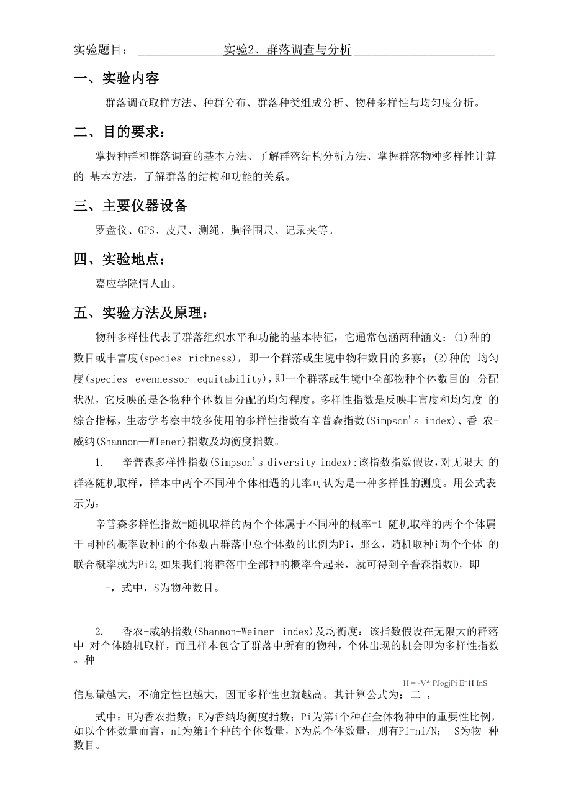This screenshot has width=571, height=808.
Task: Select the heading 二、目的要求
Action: click(x=120, y=132)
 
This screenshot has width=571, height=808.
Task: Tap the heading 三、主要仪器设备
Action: click(x=130, y=206)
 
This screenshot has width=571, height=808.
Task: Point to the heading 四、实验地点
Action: click(x=120, y=260)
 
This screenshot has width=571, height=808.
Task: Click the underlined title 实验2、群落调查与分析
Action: click(x=287, y=50)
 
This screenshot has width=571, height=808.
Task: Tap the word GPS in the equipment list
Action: click(x=146, y=231)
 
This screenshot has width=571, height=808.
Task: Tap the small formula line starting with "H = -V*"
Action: click(x=444, y=683)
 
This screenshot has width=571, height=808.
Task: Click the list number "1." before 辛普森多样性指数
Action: click(x=99, y=462)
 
